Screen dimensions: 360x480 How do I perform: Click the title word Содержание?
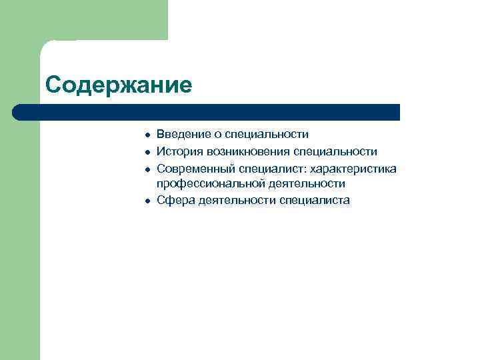(118, 85)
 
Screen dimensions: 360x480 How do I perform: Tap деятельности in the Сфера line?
(238, 201)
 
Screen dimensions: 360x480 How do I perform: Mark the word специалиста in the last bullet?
(315, 201)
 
